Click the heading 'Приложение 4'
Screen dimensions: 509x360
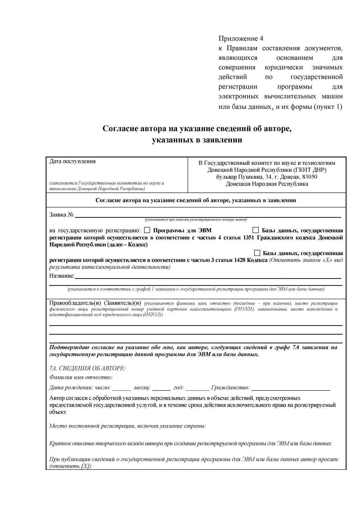tap(241, 39)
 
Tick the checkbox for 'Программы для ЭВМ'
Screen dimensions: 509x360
tap(147, 230)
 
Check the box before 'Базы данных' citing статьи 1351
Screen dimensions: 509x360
tap(256, 230)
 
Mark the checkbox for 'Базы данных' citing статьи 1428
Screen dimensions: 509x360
tap(257, 253)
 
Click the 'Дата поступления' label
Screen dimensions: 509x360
tap(73, 161)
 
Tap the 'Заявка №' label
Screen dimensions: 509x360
tap(61, 215)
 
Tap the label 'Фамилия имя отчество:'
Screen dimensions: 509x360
tap(81, 378)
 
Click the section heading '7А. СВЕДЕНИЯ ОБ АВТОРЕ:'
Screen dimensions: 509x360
tap(87, 368)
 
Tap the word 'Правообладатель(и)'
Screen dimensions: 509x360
tap(75, 303)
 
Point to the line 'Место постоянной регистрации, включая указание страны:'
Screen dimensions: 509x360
tap(127, 426)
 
